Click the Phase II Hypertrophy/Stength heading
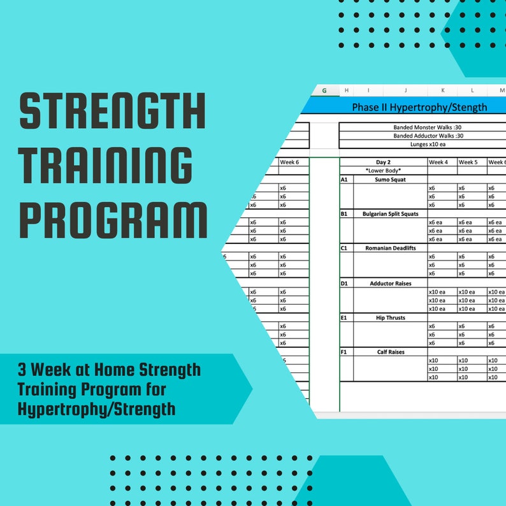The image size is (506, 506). pyautogui.click(x=419, y=107)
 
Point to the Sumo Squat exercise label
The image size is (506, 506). pyautogui.click(x=390, y=180)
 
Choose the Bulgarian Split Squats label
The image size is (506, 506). pyautogui.click(x=390, y=214)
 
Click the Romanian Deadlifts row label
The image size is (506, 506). pyautogui.click(x=390, y=249)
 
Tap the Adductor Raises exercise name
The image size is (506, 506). pyautogui.click(x=390, y=283)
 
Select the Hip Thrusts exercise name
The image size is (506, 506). pyautogui.click(x=390, y=317)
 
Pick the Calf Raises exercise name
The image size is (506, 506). pyautogui.click(x=390, y=352)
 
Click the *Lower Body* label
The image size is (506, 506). pyautogui.click(x=384, y=171)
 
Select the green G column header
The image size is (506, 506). pyautogui.click(x=324, y=91)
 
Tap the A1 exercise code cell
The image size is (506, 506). pyautogui.click(x=344, y=180)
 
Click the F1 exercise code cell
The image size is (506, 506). pyautogui.click(x=344, y=352)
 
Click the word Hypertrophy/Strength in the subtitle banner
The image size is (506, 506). pyautogui.click(x=96, y=408)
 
